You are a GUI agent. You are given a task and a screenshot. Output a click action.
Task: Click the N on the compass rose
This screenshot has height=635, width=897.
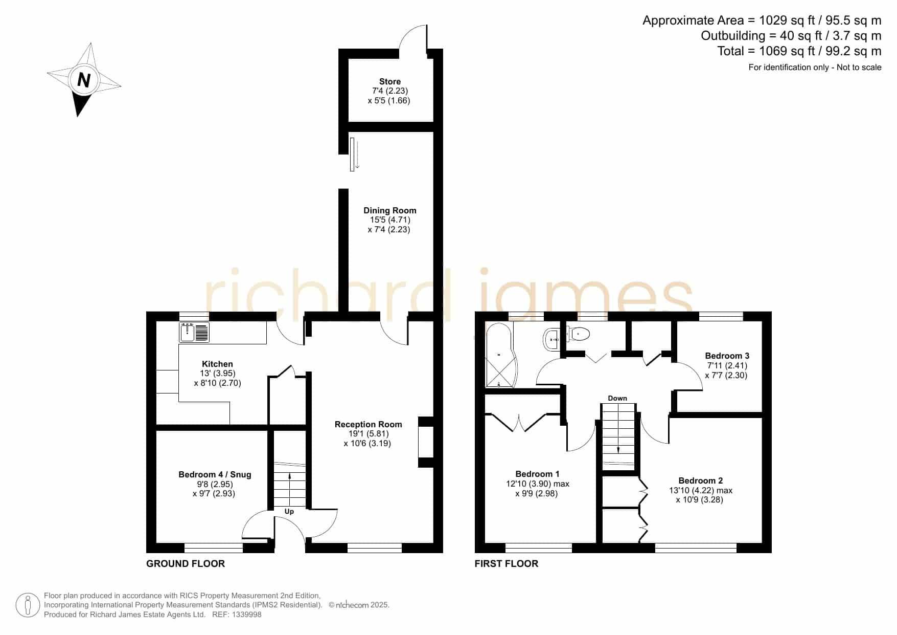pos(84,80)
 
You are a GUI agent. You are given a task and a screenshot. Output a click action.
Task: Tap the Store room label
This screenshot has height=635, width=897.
pos(390,81)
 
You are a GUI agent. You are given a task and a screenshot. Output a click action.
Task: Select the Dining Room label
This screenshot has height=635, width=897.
pos(390,210)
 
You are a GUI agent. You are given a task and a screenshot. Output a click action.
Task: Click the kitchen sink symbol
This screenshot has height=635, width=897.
pos(194,332)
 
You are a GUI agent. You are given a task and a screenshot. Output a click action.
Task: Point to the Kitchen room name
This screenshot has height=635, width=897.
pos(217,364)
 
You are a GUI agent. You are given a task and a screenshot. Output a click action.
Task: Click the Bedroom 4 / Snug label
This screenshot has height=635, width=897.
pos(215,474)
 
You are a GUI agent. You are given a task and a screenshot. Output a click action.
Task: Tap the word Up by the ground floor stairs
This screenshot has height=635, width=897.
pos(289,511)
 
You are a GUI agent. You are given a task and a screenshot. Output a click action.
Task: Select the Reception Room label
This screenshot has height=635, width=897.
pos(369,424)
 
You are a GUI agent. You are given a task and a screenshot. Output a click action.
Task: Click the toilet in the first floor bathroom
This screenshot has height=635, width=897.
pos(579,334)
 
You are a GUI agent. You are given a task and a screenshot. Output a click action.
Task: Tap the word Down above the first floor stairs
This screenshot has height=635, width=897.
pos(617,398)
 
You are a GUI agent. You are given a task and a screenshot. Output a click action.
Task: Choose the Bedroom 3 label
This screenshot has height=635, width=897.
pos(727,356)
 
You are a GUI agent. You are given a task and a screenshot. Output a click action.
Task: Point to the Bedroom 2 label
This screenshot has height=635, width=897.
pos(700,480)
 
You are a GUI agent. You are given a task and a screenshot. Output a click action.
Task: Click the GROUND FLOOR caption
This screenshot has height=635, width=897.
pos(186,563)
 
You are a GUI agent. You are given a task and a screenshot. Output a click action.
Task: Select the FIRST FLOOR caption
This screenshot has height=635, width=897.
pos(507,563)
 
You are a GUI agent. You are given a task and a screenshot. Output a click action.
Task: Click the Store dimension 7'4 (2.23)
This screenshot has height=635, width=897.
pos(390,91)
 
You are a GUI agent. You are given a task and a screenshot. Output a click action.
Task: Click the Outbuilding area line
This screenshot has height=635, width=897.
pos(791,36)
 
